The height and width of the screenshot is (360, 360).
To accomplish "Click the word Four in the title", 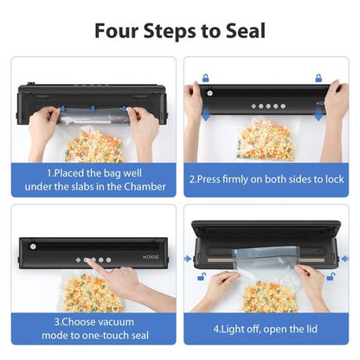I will (118, 32).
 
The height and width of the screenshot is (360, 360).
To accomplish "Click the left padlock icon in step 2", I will (205, 78).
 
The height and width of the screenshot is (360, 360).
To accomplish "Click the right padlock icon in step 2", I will (318, 78).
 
